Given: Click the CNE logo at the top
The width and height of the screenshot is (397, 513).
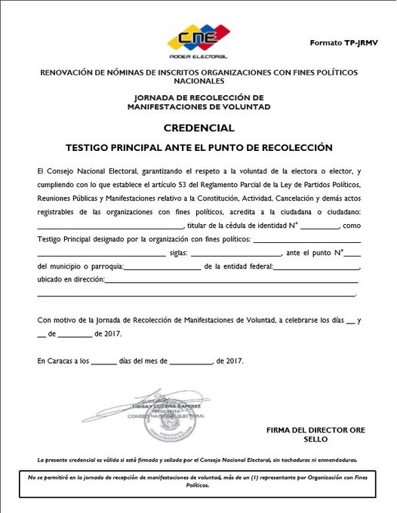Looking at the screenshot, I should pyautogui.click(x=198, y=37).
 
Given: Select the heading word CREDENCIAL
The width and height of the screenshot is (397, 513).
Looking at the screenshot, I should pyautogui.click(x=197, y=127).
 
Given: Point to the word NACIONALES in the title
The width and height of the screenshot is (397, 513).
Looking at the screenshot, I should pyautogui.click(x=198, y=80).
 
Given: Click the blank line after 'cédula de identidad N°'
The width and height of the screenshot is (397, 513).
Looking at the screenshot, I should pyautogui.click(x=322, y=225).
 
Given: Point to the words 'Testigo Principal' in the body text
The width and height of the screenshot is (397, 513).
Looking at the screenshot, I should pyautogui.click(x=65, y=239).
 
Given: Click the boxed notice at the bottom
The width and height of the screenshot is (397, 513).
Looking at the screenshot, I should pyautogui.click(x=198, y=482).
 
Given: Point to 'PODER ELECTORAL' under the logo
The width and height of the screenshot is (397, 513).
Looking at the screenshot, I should pyautogui.click(x=198, y=56).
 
